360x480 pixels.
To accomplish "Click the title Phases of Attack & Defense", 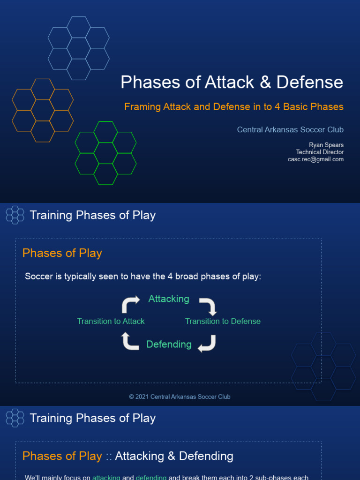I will (232, 82).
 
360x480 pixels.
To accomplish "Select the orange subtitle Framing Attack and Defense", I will (233, 107).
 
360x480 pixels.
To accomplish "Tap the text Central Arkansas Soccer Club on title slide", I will (290, 130).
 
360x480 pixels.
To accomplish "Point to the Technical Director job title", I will (320, 152).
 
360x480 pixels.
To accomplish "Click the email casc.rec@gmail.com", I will (315, 159).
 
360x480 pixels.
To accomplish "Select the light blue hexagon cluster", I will (78, 48).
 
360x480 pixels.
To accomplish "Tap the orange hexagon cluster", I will (43, 110).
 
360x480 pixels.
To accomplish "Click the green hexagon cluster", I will (105, 153).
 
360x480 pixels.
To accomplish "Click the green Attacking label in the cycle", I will (169, 299).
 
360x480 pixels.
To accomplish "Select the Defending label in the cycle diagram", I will (169, 345).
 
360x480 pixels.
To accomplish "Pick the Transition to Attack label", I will (111, 322).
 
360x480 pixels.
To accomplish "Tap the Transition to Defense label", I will (223, 322).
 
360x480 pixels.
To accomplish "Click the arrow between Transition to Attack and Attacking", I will (131, 304).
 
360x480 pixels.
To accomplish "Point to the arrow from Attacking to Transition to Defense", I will (208, 306).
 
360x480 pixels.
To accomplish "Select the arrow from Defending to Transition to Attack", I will (130, 341).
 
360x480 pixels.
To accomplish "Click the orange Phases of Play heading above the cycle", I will (62, 253).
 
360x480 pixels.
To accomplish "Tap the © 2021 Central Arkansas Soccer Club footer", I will (180, 397).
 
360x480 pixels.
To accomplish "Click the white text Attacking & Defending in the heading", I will (174, 456).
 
